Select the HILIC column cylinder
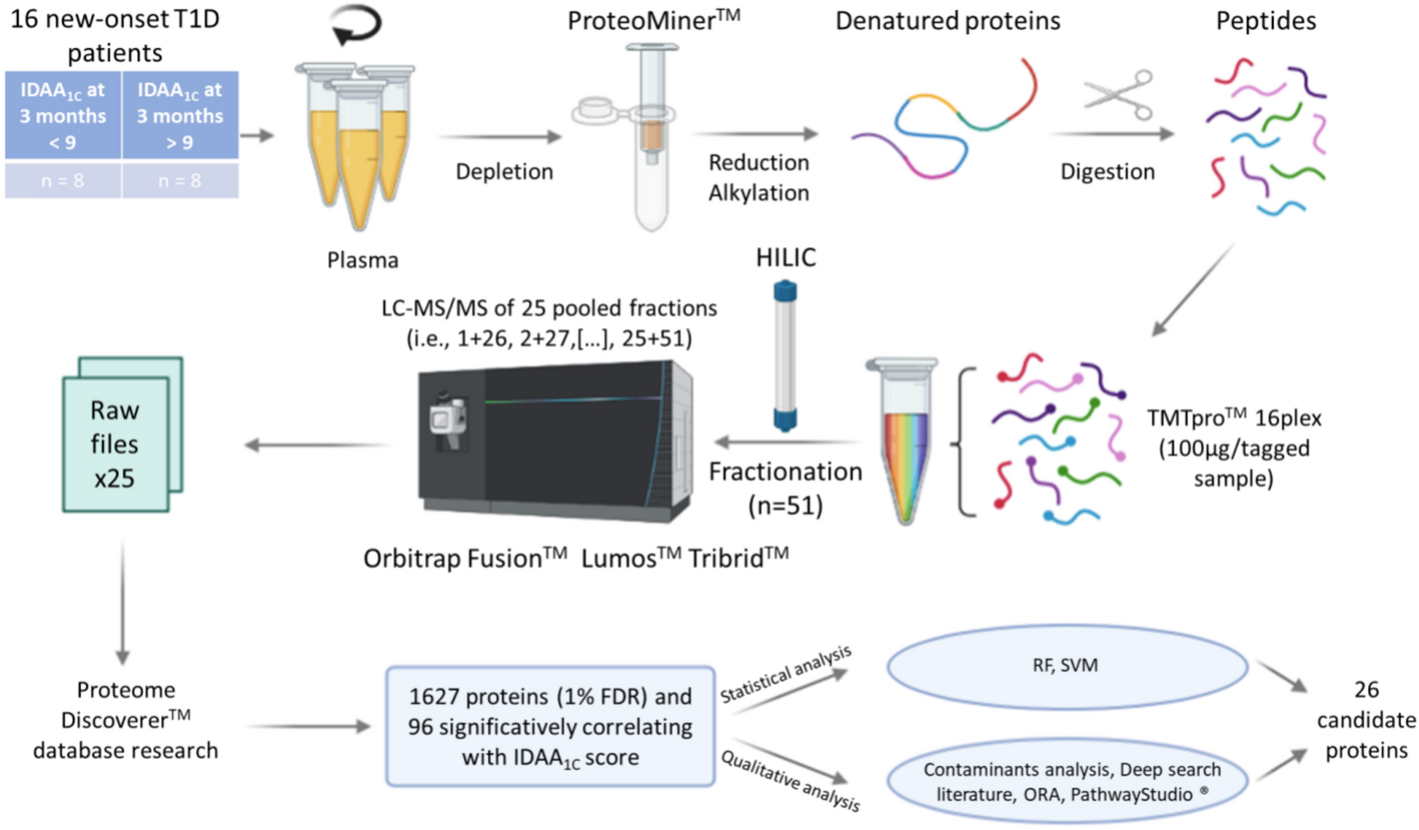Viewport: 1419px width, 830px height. click(x=785, y=356)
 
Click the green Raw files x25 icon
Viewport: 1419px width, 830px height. click(x=122, y=435)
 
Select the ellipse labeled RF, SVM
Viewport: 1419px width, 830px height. click(x=1067, y=666)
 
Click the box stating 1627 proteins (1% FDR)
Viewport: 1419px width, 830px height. click(x=550, y=727)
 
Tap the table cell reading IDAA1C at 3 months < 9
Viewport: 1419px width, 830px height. click(x=63, y=115)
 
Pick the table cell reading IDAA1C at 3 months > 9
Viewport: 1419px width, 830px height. click(x=180, y=115)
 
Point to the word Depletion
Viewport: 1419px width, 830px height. click(x=504, y=171)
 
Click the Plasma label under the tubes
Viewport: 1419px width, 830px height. click(x=362, y=260)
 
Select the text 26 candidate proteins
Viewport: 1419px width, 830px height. click(x=1366, y=720)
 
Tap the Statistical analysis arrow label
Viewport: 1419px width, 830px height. click(x=785, y=674)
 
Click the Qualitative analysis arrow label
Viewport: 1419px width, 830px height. click(x=790, y=780)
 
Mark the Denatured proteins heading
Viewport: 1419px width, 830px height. click(x=947, y=21)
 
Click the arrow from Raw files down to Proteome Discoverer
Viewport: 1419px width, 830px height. click(x=122, y=601)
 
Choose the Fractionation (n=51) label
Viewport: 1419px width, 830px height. click(x=785, y=487)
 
